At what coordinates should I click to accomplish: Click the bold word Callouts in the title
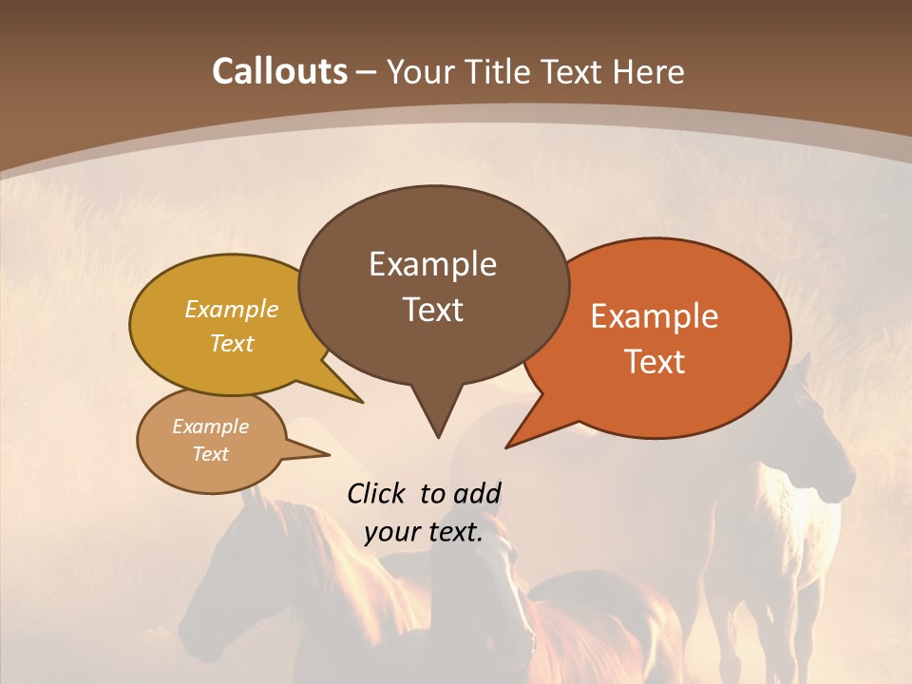tap(280, 71)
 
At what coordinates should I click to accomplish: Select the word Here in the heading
tap(650, 71)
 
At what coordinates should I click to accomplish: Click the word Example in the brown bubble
tap(432, 264)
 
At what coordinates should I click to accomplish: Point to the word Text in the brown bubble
tap(432, 310)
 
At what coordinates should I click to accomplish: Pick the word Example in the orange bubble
tap(655, 316)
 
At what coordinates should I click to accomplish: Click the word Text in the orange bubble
tap(655, 362)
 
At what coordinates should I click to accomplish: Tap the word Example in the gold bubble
tap(232, 310)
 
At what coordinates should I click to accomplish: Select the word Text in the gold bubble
tap(232, 344)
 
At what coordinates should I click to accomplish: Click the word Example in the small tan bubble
tap(210, 427)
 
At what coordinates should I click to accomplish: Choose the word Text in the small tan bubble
tap(210, 454)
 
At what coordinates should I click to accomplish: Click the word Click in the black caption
tap(377, 494)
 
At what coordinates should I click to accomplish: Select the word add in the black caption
tap(477, 494)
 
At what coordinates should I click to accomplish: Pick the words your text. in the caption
tap(423, 532)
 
